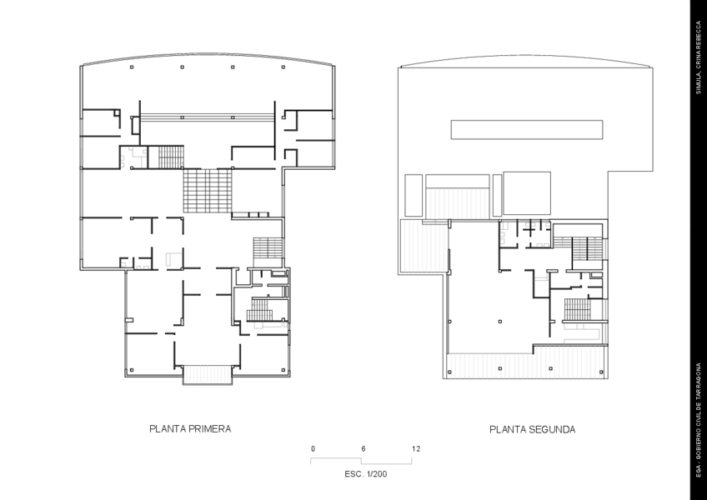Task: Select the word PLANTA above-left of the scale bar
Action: tap(167, 430)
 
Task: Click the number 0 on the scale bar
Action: tap(313, 449)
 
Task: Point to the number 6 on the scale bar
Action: tap(364, 449)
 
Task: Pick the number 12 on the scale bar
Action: tap(415, 449)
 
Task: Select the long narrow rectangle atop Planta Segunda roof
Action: tap(527, 129)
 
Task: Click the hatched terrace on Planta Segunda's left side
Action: tap(414, 246)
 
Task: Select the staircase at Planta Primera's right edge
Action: tap(268, 248)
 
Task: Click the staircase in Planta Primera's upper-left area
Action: tap(171, 156)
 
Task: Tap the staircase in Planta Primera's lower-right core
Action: tap(261, 310)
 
